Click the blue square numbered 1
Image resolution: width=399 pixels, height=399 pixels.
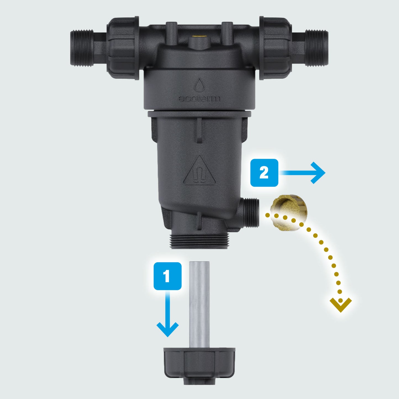click(x=168, y=276)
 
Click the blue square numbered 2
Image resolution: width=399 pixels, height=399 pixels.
click(x=264, y=173)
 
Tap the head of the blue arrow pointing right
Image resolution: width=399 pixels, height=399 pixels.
click(x=318, y=173)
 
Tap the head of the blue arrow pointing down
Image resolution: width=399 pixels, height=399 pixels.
click(x=168, y=329)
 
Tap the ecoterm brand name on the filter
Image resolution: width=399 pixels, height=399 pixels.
click(x=199, y=99)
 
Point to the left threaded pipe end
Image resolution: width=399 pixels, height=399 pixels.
click(x=82, y=48)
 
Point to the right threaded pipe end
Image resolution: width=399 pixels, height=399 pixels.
click(x=317, y=48)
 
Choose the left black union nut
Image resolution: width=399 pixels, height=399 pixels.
click(x=123, y=48)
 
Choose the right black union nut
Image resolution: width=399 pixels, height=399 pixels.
click(x=276, y=48)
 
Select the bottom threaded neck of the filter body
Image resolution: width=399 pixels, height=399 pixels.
click(x=199, y=241)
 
